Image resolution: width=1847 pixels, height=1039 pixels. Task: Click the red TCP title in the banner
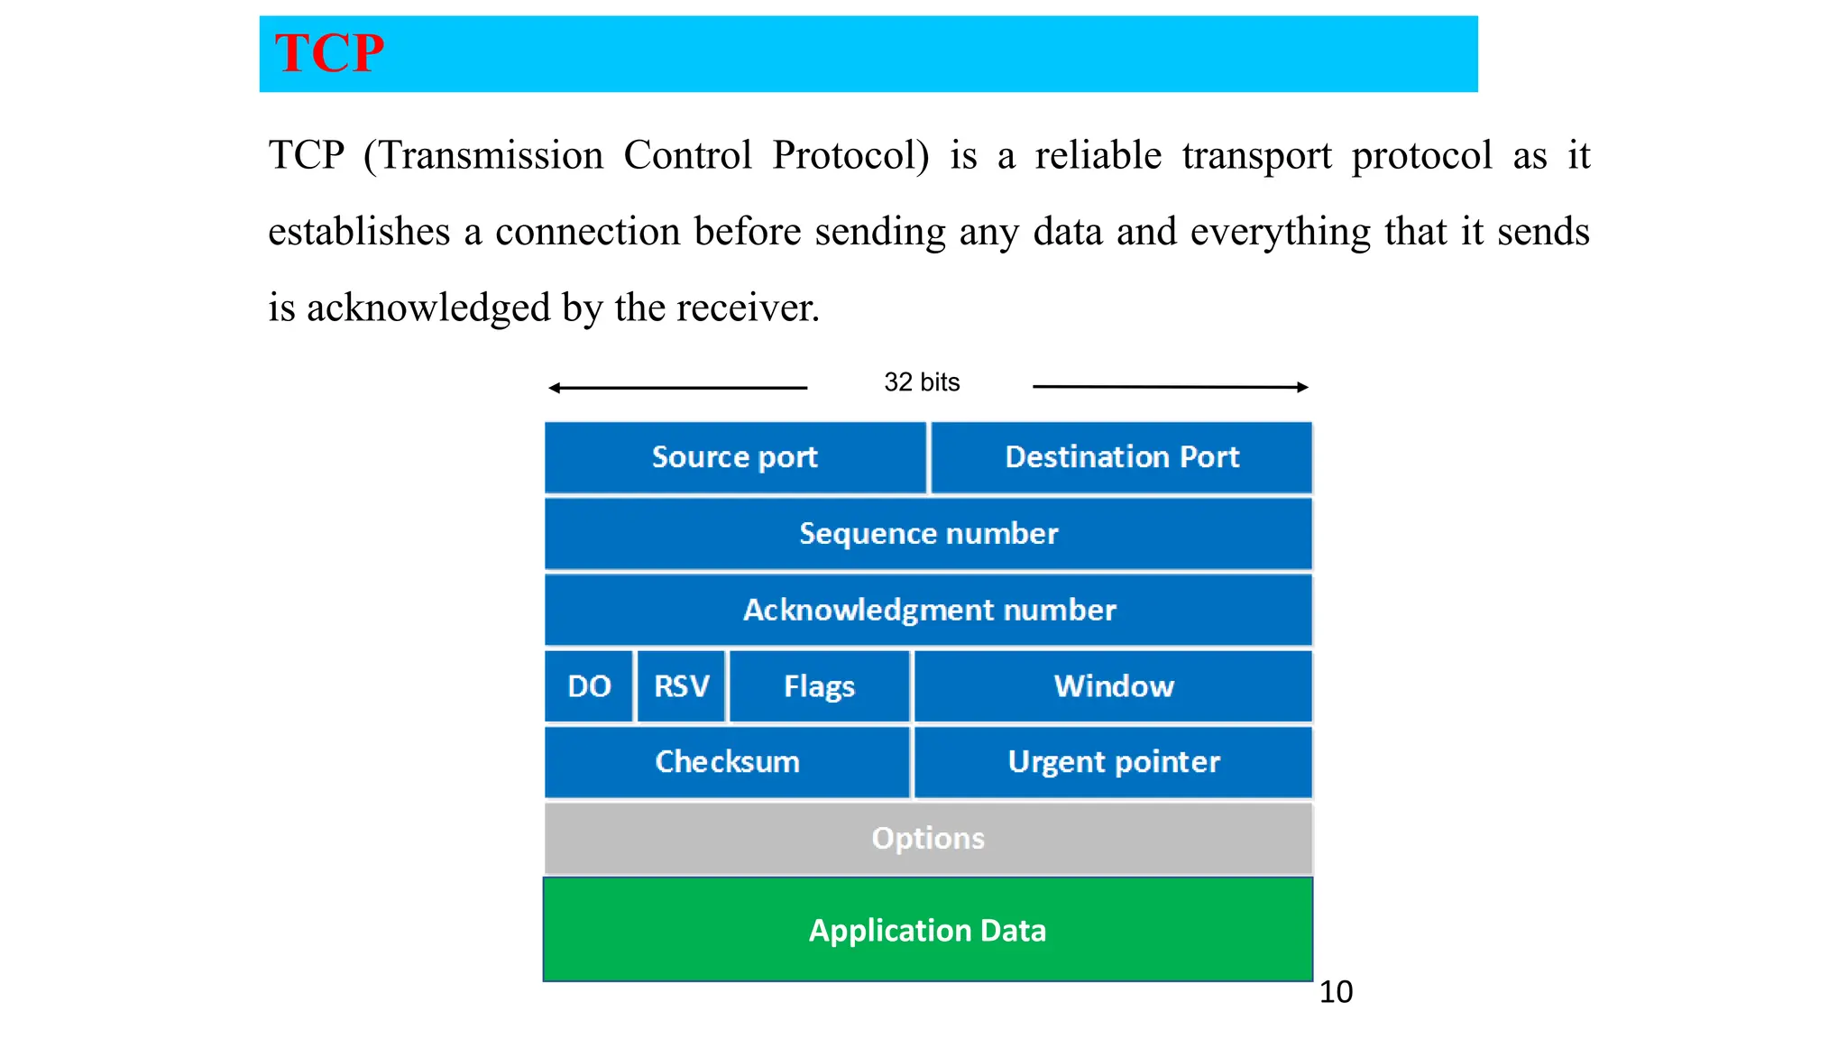tap(329, 53)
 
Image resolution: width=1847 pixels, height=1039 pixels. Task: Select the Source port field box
tap(735, 457)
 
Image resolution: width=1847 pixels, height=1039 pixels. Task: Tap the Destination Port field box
tap(1122, 457)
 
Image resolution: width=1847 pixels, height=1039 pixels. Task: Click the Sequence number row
tap(928, 534)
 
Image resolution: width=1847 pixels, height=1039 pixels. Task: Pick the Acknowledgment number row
tap(928, 611)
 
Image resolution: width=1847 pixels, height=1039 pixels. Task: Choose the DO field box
tap(589, 686)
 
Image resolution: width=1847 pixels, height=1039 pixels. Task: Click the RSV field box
tap(681, 686)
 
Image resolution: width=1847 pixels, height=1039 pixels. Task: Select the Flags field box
tap(819, 686)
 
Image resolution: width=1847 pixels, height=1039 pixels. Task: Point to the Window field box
tap(1114, 686)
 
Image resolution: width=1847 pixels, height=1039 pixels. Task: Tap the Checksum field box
tap(727, 762)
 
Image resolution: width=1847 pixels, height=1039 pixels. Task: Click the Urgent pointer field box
tap(1114, 762)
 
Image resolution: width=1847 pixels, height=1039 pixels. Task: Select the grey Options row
tap(928, 839)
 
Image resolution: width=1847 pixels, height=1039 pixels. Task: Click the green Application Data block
tap(928, 930)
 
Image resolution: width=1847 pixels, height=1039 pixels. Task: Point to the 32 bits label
tap(922, 382)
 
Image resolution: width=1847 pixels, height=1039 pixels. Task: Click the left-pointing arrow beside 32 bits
tap(676, 388)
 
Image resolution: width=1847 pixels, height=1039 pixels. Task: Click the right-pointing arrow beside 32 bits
tap(1171, 387)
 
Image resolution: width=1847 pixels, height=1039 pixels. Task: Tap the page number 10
tap(1336, 992)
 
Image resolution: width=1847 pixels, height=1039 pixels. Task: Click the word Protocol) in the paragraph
tap(850, 156)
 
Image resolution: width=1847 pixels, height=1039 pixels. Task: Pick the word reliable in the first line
tap(1098, 156)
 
